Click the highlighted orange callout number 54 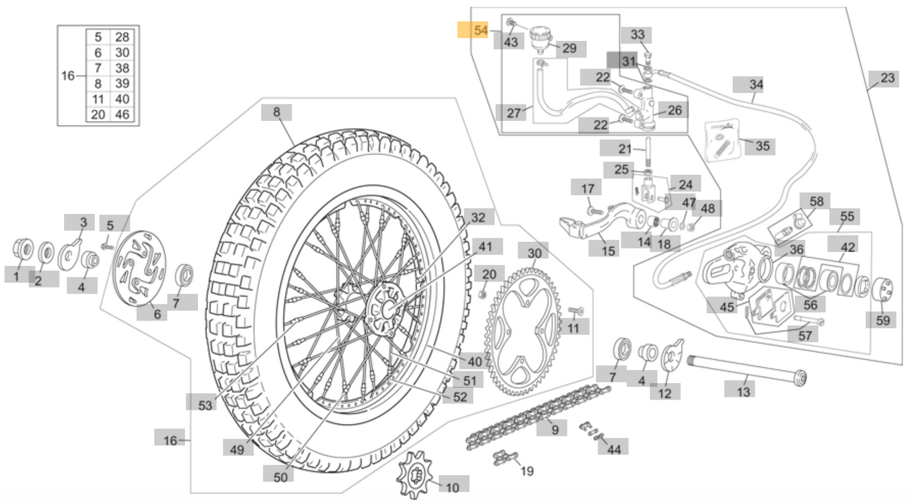point(480,30)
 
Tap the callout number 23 point(888,78)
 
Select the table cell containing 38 point(122,68)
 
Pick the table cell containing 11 point(98,99)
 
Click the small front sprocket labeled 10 point(415,474)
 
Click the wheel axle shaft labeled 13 point(747,370)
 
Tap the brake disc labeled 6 point(139,268)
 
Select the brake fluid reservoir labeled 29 point(541,39)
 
